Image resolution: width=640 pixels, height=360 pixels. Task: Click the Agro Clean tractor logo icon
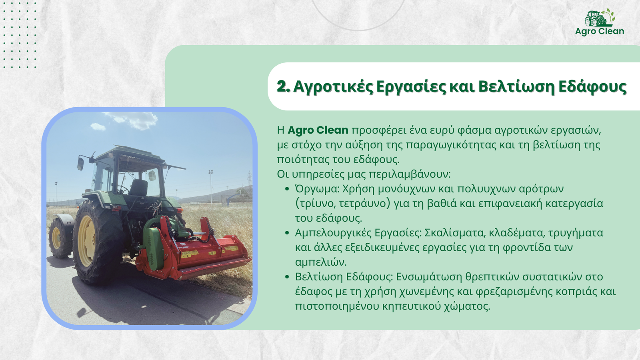tap(600, 18)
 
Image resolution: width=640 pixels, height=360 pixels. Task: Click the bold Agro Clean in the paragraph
tap(318, 130)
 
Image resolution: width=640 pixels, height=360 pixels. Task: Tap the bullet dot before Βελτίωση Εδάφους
tap(287, 277)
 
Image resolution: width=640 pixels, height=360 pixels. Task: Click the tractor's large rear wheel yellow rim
tap(86, 241)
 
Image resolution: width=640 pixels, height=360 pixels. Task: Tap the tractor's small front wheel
tap(60, 237)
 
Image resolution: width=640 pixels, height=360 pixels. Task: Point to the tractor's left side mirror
tap(80, 164)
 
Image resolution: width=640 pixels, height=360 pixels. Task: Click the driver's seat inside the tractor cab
tap(138, 188)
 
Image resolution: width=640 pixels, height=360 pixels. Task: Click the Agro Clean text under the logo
tap(600, 32)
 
